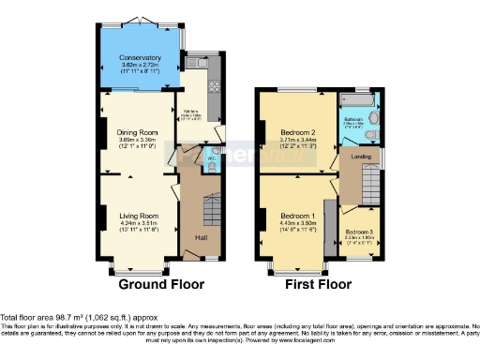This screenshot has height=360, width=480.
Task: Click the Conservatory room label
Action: tap(139, 58)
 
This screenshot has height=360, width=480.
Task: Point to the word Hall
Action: tap(201, 237)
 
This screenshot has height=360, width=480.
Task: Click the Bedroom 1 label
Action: tap(296, 215)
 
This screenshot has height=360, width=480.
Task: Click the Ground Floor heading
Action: tap(149, 284)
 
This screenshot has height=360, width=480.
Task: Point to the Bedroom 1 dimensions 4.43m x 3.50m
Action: tap(296, 223)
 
